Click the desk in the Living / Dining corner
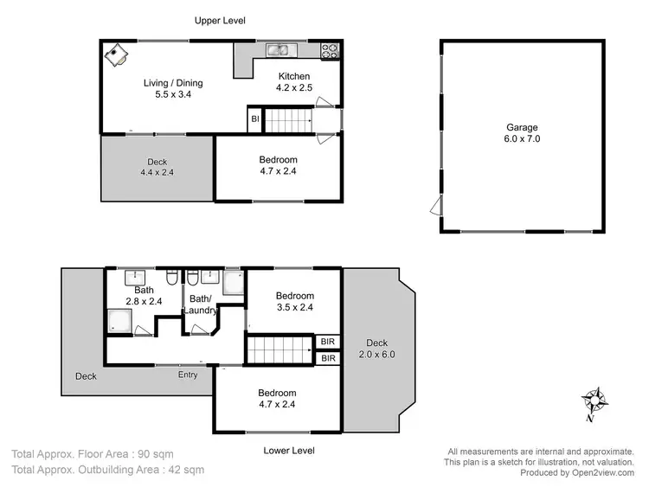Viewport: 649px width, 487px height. pos(117,55)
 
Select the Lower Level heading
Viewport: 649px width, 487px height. pos(290,451)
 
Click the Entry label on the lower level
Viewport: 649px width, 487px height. pos(188,375)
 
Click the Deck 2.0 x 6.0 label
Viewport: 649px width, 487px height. pos(377,348)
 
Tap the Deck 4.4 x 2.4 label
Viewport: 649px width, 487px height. pos(157,167)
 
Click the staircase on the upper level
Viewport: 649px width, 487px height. pos(286,120)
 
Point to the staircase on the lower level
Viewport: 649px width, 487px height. pos(279,349)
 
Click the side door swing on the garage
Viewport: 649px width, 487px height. pos(434,206)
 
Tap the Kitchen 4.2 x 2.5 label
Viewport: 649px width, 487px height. pos(294,82)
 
